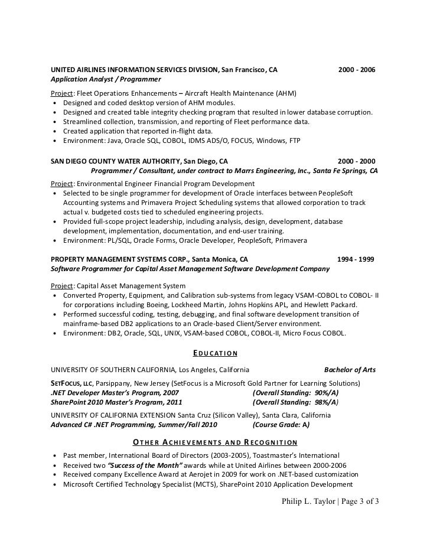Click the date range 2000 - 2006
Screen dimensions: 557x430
pyautogui.click(x=356, y=70)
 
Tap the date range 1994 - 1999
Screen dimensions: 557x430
pyautogui.click(x=355, y=259)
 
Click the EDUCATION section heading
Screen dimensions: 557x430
pyautogui.click(x=215, y=354)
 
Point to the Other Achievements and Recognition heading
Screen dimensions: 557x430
pyautogui.click(x=215, y=442)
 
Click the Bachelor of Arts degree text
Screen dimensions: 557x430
pyautogui.click(x=350, y=370)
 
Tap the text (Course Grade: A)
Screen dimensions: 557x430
pyautogui.click(x=281, y=424)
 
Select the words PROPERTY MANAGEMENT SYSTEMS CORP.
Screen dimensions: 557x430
pyautogui.click(x=118, y=259)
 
